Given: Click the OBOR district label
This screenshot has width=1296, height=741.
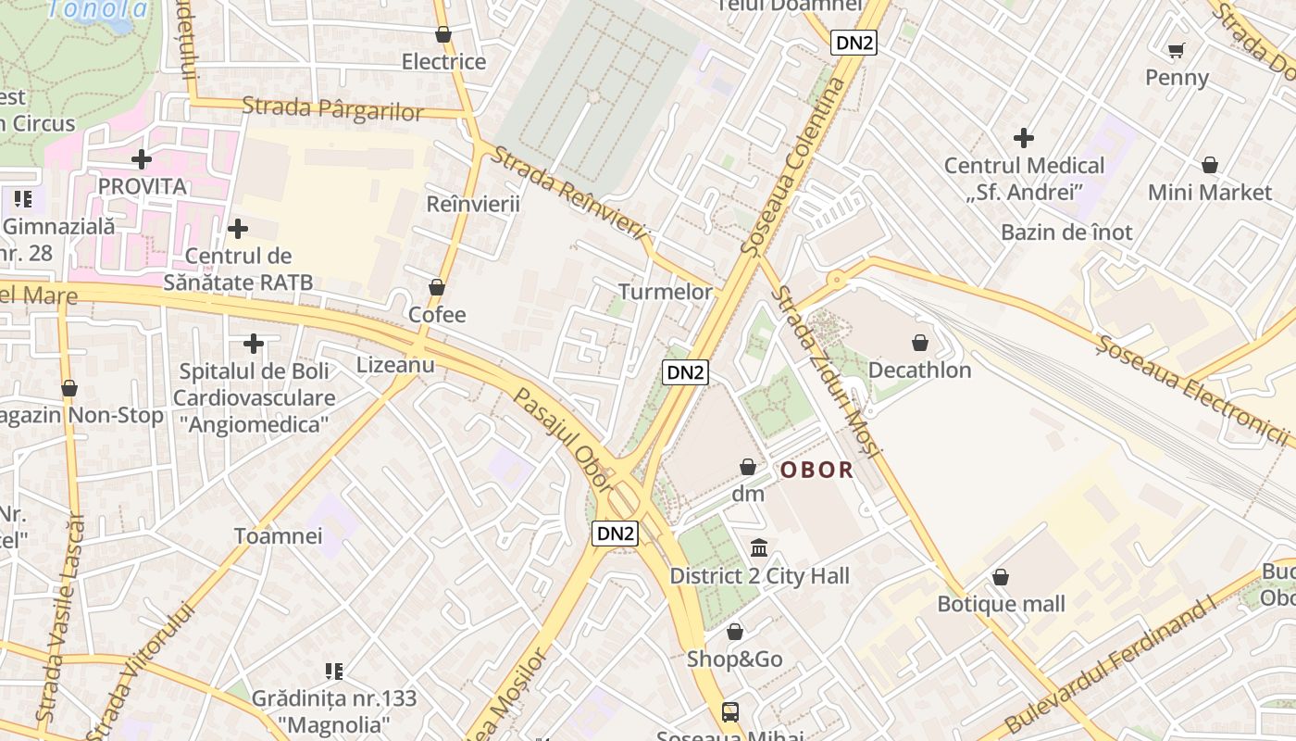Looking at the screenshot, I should pyautogui.click(x=816, y=470).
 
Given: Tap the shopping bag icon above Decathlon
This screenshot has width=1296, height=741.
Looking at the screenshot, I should pyautogui.click(x=920, y=344).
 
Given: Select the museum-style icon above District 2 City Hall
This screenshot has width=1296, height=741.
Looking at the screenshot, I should pyautogui.click(x=759, y=547).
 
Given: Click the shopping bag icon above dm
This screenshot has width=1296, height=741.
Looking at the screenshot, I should pyautogui.click(x=748, y=467).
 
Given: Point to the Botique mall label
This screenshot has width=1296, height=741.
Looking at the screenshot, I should pyautogui.click(x=1002, y=604).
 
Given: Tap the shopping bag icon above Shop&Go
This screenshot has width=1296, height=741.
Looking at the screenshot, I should pyautogui.click(x=735, y=632).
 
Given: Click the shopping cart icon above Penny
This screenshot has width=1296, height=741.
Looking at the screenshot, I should pyautogui.click(x=1177, y=50).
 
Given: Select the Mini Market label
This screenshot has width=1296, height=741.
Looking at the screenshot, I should pyautogui.click(x=1210, y=193).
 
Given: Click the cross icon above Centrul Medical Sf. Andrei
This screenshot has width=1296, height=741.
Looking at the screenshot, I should pyautogui.click(x=1024, y=138).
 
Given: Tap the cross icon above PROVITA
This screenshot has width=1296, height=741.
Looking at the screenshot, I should pyautogui.click(x=142, y=159).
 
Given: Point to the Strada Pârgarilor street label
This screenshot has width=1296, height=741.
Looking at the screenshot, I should pyautogui.click(x=332, y=108).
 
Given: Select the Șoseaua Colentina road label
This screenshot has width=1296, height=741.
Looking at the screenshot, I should pyautogui.click(x=794, y=167).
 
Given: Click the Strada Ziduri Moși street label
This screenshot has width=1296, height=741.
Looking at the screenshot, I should pyautogui.click(x=827, y=370).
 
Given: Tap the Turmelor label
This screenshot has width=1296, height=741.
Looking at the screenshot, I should pyautogui.click(x=666, y=292).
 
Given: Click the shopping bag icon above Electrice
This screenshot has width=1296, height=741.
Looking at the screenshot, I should pyautogui.click(x=443, y=35).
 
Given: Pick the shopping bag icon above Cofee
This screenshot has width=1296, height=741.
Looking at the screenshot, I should pyautogui.click(x=437, y=288).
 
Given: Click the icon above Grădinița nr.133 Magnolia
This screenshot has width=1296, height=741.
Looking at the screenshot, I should pyautogui.click(x=334, y=671).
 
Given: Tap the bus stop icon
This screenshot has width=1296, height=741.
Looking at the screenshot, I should pyautogui.click(x=730, y=711).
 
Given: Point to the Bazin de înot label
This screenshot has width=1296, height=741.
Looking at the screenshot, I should pyautogui.click(x=1066, y=232).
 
